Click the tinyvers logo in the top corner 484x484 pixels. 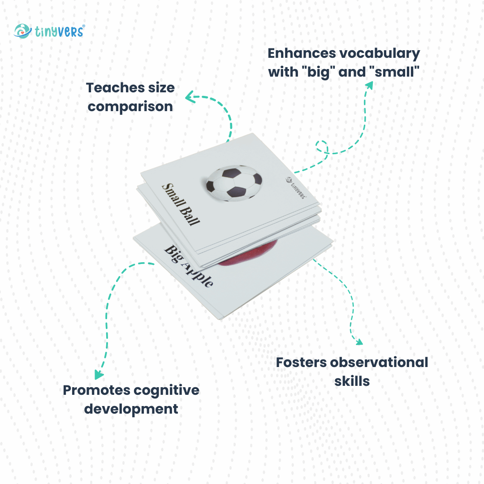(x=49, y=31)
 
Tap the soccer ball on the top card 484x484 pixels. (x=234, y=183)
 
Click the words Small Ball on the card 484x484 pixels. (x=181, y=204)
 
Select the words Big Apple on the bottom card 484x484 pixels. (x=188, y=266)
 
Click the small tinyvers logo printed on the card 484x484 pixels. (x=296, y=188)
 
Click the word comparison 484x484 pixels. (x=130, y=107)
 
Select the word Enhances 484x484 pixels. (x=301, y=53)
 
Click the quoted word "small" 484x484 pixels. (x=397, y=72)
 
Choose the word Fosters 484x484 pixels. (x=301, y=363)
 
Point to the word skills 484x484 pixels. (x=352, y=381)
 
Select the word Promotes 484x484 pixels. (x=96, y=390)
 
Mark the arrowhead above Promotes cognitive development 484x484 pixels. (x=99, y=374)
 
